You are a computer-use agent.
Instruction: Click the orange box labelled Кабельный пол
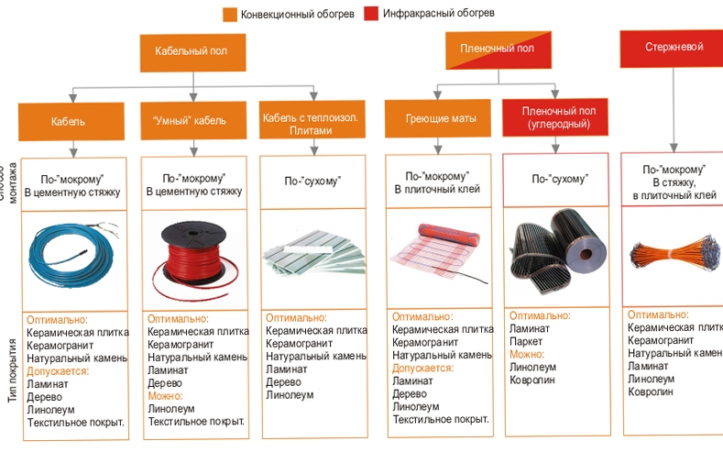click(x=192, y=52)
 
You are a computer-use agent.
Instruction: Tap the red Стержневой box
click(x=672, y=48)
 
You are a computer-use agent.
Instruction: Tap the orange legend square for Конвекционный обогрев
click(x=230, y=15)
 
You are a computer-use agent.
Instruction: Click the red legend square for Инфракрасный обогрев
click(x=371, y=15)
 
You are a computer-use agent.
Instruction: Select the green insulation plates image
click(x=312, y=253)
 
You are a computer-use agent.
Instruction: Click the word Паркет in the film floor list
click(x=526, y=341)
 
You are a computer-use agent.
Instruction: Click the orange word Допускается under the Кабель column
click(x=58, y=371)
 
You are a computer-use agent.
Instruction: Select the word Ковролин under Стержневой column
click(x=651, y=391)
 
